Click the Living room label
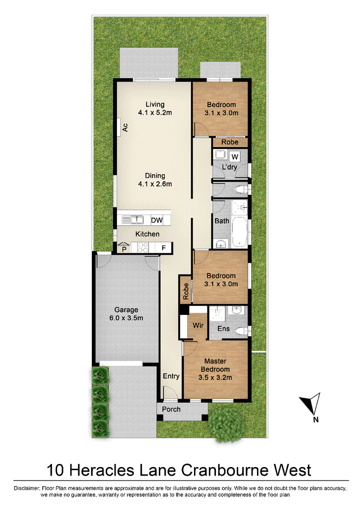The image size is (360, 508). click(x=155, y=108)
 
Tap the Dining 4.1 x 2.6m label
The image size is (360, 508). click(x=155, y=180)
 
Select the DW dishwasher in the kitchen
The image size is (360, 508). click(x=157, y=220)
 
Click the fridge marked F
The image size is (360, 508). click(x=164, y=248)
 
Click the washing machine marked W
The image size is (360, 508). click(x=235, y=157)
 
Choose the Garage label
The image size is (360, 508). click(x=126, y=314)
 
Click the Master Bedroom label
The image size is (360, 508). click(x=215, y=369)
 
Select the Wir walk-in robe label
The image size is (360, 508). click(x=198, y=325)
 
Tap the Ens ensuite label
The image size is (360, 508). click(x=224, y=328)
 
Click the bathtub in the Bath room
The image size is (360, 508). click(x=240, y=232)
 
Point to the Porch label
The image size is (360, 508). click(x=171, y=409)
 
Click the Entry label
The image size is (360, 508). click(x=171, y=376)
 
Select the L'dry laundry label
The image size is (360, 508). click(x=229, y=167)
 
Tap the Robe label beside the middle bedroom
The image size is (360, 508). click(x=186, y=291)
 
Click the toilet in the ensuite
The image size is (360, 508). click(x=241, y=331)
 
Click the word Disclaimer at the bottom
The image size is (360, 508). click(x=27, y=488)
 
